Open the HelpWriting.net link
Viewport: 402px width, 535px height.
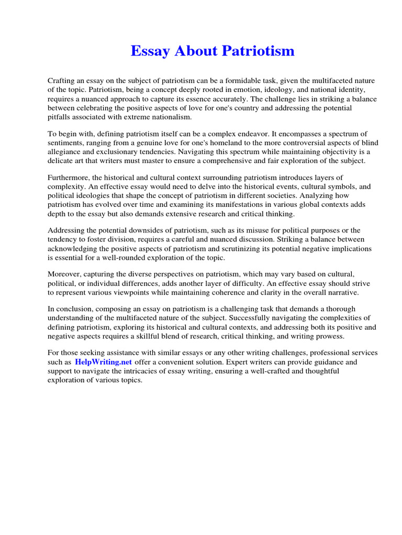click(103, 362)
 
